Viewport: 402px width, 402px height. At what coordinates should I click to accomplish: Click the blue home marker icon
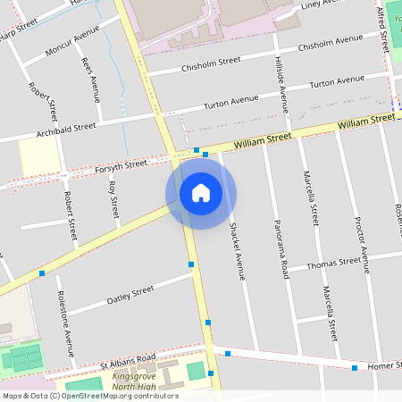[200, 193]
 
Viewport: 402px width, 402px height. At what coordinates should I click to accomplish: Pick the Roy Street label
[113, 200]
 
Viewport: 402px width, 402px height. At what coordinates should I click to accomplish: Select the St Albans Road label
[128, 360]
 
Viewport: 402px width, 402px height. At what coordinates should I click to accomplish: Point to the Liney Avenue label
[322, 5]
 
